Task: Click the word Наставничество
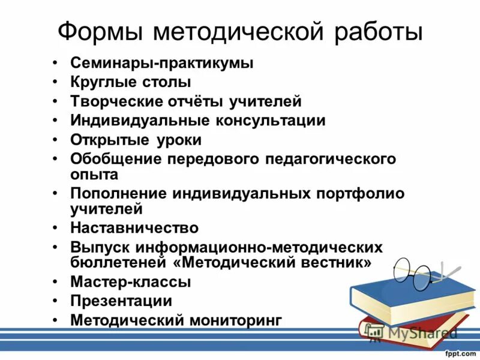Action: click(x=134, y=228)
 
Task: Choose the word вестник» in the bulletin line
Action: click(x=337, y=263)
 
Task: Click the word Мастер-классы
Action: click(x=131, y=281)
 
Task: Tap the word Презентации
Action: click(x=121, y=301)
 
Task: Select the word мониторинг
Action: click(x=235, y=320)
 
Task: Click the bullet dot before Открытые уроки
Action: click(x=55, y=140)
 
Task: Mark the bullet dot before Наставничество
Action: click(x=55, y=228)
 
